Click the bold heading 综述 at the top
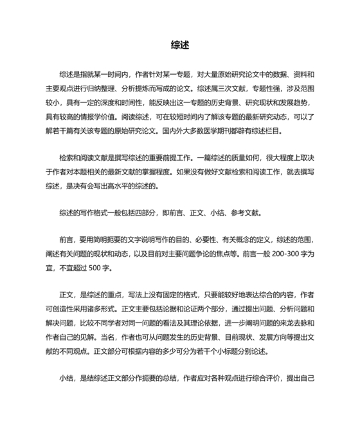point(180,45)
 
